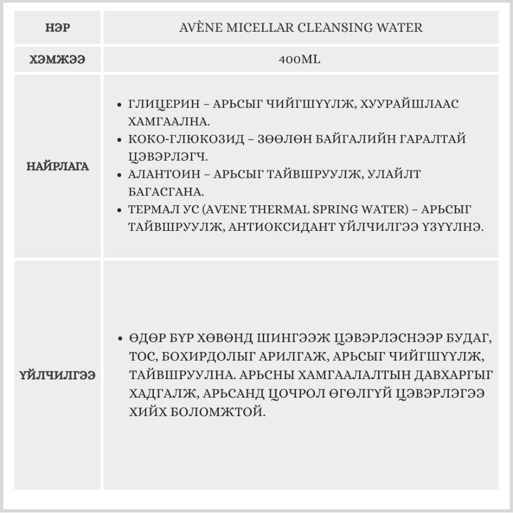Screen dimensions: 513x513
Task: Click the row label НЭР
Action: pos(57,27)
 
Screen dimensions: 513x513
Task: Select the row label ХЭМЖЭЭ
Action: pos(57,60)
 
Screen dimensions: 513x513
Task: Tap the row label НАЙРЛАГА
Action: pos(57,166)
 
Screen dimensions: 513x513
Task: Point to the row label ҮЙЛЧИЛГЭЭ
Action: pos(57,375)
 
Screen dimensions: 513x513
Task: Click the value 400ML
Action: pos(300,60)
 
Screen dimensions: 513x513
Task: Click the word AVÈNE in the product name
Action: pos(195,27)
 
